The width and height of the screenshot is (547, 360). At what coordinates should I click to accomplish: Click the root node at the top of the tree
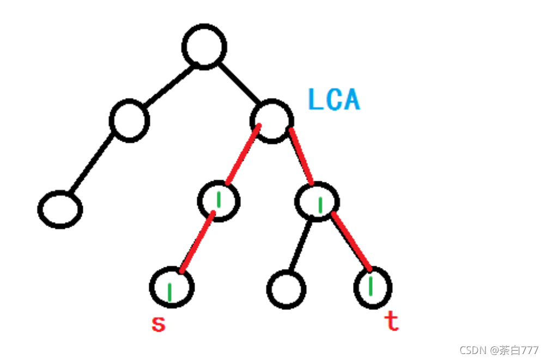point(204,46)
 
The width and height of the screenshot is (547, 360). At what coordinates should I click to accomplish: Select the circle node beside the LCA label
point(272,120)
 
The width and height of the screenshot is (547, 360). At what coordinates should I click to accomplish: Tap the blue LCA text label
point(334,99)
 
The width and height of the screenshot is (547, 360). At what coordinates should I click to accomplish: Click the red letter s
point(158,324)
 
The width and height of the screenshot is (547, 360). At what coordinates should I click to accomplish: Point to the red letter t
point(392,322)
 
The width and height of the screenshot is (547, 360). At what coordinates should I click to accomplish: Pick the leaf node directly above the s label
point(172,287)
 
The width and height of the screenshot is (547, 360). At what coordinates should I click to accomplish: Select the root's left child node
point(129,120)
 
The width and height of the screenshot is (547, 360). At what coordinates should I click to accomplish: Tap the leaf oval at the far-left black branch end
point(60,209)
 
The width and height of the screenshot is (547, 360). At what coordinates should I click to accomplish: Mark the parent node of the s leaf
point(219,200)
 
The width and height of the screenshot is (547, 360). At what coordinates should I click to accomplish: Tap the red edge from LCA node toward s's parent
point(243,155)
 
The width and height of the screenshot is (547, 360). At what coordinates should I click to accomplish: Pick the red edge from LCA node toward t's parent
point(301,156)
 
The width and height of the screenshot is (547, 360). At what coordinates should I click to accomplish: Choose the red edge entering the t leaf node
point(351,243)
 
